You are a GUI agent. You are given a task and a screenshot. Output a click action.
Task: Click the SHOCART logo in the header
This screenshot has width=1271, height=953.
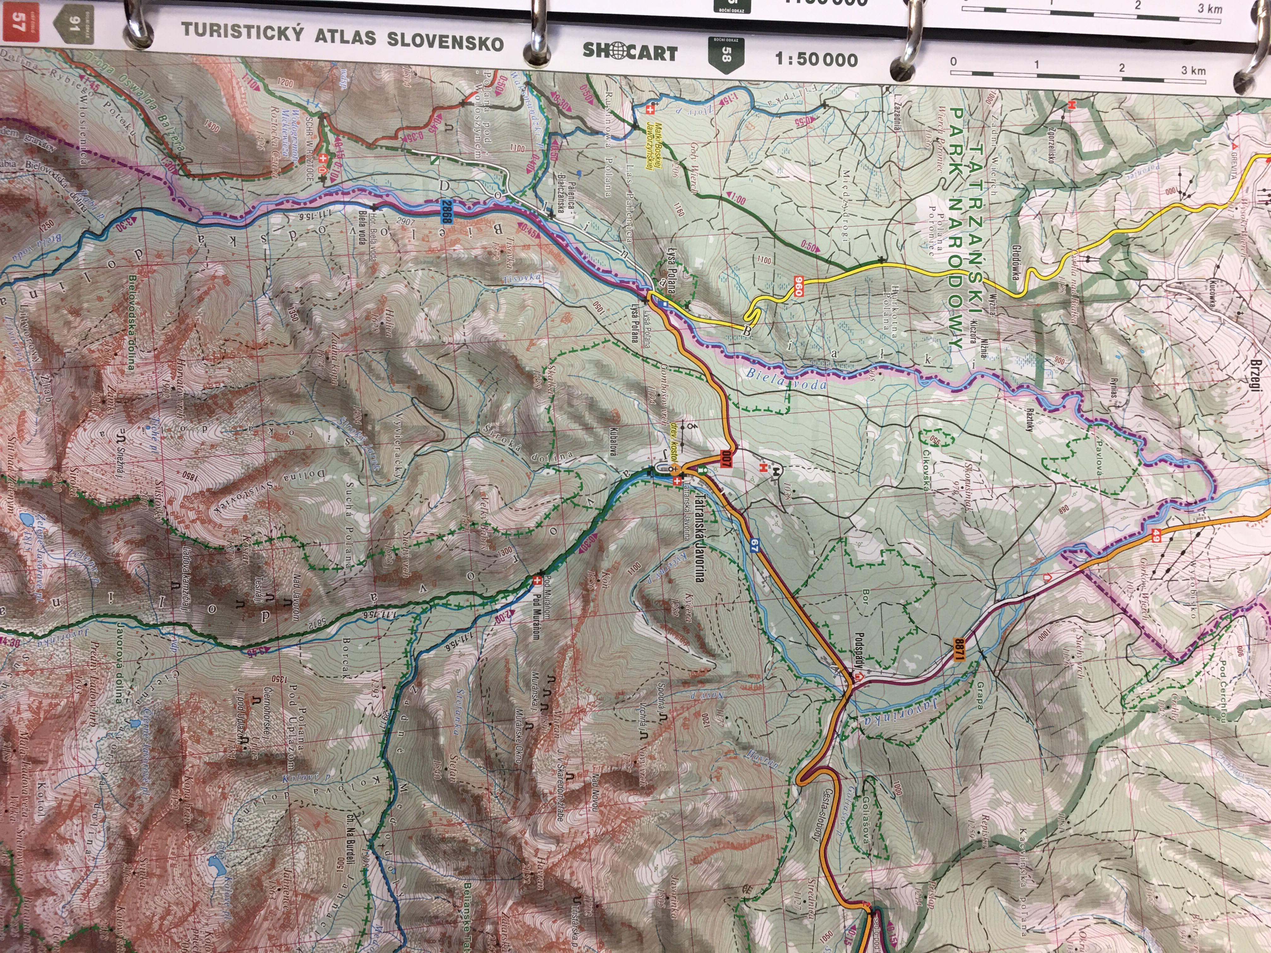pos(630,52)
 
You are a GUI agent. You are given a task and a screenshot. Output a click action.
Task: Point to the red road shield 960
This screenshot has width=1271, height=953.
pos(798,286)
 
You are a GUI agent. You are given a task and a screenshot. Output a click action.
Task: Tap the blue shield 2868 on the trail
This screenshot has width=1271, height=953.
pos(445,211)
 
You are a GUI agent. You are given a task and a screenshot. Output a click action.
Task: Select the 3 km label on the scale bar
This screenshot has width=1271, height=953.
pos(1193,71)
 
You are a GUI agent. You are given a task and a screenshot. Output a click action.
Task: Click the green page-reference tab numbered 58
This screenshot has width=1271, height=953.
pos(726,55)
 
